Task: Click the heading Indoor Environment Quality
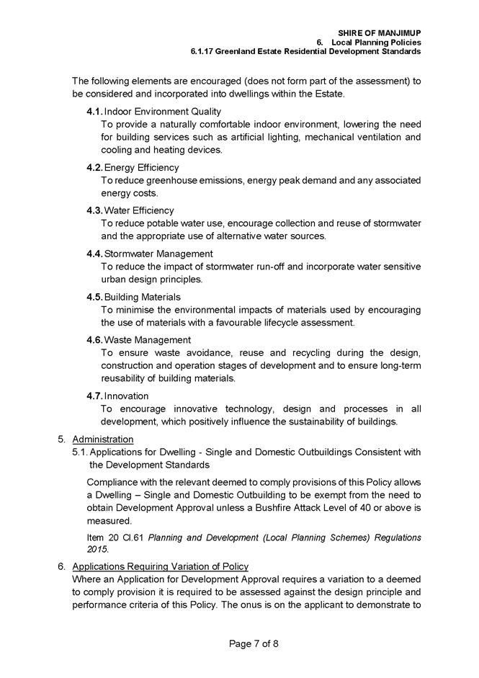point(163,111)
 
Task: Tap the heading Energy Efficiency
point(142,168)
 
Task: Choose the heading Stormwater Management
point(158,254)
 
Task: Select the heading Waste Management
point(148,339)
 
